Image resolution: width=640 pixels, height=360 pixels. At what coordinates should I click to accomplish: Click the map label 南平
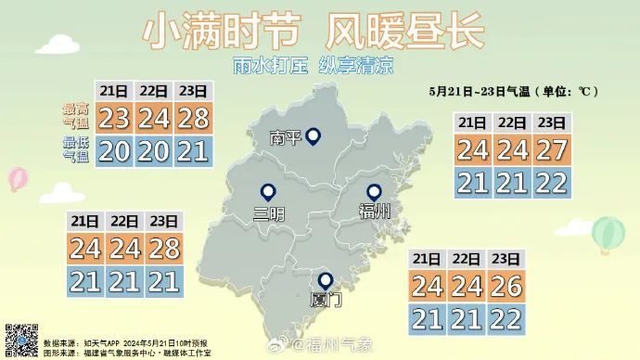[x=286, y=139]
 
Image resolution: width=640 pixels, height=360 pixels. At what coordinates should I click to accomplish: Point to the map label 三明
[x=269, y=214]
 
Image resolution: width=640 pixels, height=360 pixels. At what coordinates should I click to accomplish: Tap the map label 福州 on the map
[x=375, y=212]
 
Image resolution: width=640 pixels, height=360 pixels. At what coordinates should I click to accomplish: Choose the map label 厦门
[x=326, y=301]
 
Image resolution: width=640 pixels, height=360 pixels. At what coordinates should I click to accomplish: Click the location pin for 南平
[x=314, y=137]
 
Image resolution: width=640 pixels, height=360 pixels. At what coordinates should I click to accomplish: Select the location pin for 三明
[x=269, y=193]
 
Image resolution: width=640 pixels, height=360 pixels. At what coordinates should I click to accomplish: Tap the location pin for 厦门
[x=326, y=280]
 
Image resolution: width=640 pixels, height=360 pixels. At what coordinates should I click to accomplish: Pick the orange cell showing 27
[x=552, y=150]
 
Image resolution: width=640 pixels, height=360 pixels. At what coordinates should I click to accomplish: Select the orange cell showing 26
[x=506, y=287]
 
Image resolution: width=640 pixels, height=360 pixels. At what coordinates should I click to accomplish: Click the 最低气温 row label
[x=77, y=149]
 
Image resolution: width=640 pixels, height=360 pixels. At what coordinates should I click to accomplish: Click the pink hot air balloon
[x=18, y=178]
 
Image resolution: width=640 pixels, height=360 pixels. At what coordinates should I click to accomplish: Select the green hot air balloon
[x=608, y=234]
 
